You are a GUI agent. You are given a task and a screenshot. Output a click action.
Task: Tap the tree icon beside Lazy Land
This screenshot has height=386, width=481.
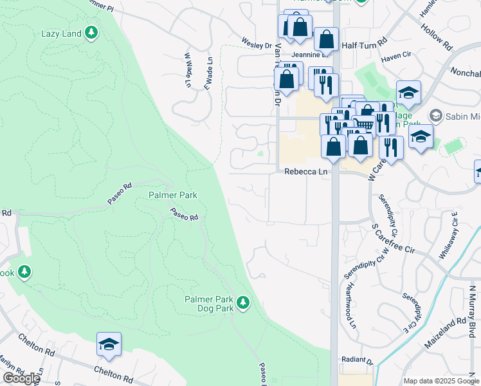click(91, 32)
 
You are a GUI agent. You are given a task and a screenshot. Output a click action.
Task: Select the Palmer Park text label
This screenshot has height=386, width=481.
click(172, 194)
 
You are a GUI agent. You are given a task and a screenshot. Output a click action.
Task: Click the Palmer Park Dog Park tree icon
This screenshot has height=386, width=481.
click(242, 301)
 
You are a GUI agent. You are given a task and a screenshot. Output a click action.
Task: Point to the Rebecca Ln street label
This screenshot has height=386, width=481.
click(306, 172)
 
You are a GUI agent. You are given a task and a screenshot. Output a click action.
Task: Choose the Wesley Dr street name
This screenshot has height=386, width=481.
click(257, 45)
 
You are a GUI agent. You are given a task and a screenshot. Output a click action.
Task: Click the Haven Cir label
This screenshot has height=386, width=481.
click(395, 58)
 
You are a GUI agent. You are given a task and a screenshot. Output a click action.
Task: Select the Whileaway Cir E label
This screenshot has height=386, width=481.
click(448, 235)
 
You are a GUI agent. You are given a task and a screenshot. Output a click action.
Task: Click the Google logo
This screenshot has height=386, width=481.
click(21, 378)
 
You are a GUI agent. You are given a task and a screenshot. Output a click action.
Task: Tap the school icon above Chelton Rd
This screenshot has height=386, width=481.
click(109, 345)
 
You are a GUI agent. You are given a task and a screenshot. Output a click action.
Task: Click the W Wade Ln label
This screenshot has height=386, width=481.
click(187, 70)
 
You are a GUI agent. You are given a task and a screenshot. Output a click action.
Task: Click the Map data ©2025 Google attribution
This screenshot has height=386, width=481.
click(441, 381)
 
